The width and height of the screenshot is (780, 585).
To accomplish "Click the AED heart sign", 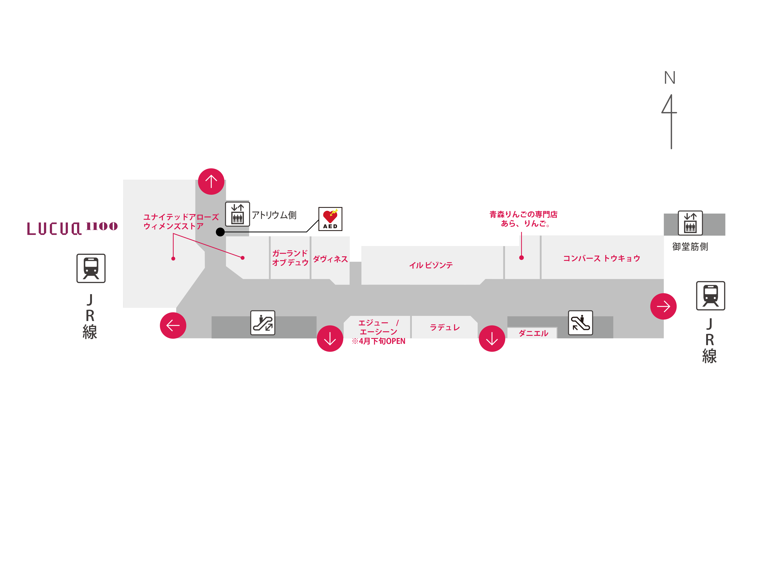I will click(330, 219).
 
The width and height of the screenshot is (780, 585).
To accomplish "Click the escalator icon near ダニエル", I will click(580, 323).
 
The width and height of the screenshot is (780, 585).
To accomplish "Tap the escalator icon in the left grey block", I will click(263, 323).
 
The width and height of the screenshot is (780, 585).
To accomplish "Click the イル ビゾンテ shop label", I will click(430, 265).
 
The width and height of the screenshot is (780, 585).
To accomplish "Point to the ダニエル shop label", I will click(533, 333).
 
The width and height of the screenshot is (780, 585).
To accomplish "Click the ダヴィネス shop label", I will click(330, 259).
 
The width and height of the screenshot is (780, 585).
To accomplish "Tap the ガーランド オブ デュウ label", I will click(290, 258).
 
